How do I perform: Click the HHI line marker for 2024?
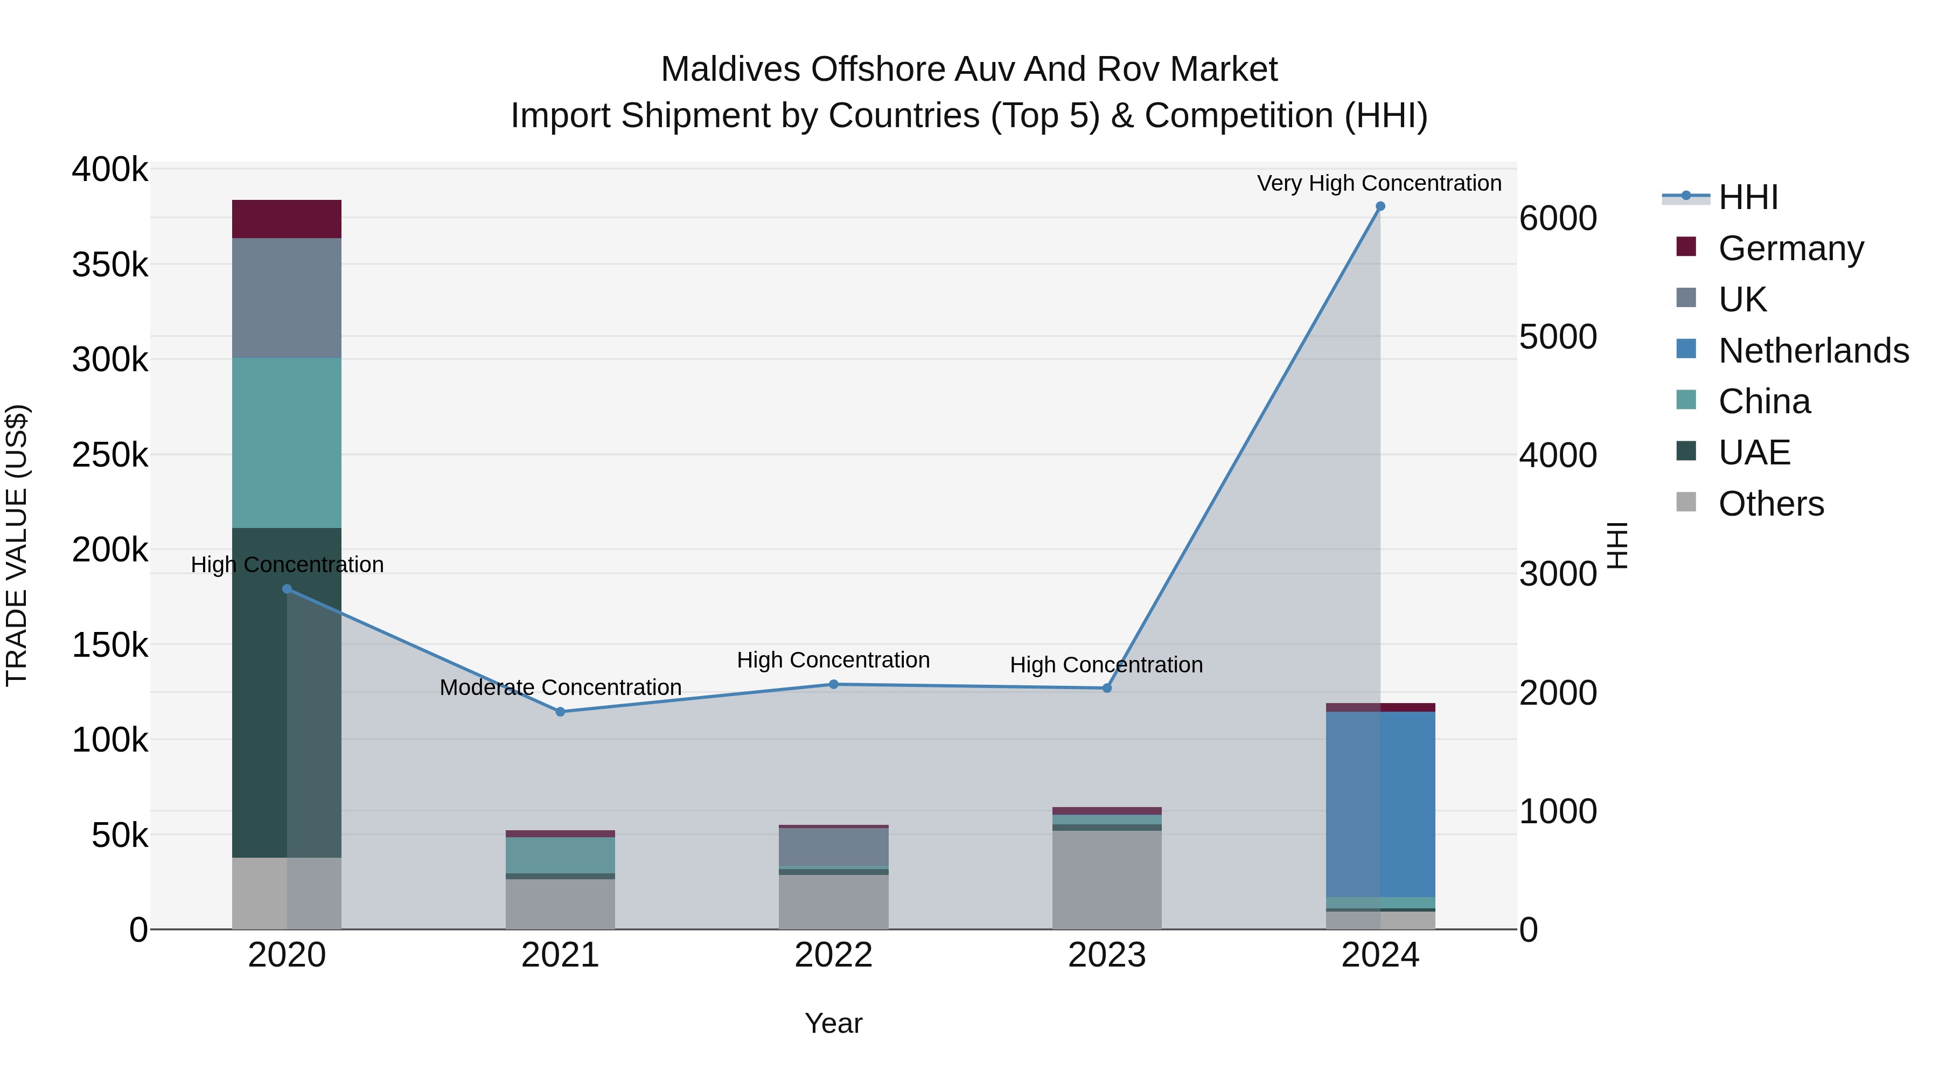click(x=1380, y=206)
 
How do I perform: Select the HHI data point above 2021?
click(x=560, y=712)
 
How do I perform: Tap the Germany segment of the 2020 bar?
click(x=286, y=219)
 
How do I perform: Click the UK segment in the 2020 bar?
click(x=286, y=297)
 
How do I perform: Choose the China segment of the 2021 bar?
click(x=560, y=854)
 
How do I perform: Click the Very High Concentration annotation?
click(x=1379, y=183)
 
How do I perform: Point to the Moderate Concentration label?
click(x=560, y=687)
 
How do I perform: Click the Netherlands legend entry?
click(x=1814, y=351)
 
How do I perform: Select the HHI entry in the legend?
click(x=1748, y=197)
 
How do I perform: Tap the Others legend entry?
click(x=1770, y=504)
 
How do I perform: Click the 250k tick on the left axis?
click(x=110, y=455)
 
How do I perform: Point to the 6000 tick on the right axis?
click(x=1557, y=218)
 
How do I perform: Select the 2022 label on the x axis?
click(x=833, y=955)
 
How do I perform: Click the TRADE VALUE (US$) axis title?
click(x=17, y=545)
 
